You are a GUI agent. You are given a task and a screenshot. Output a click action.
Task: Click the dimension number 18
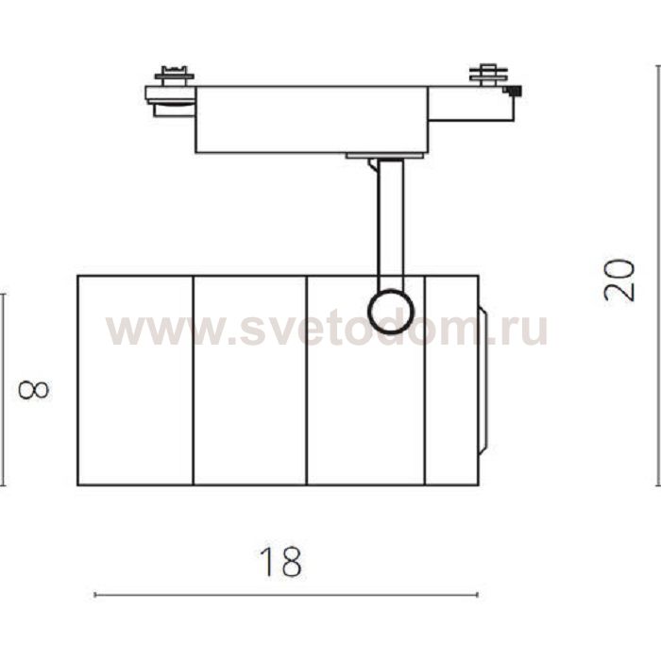(280, 562)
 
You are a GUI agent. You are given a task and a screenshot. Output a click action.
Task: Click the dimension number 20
(619, 280)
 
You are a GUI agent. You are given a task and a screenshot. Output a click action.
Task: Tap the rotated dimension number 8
(34, 390)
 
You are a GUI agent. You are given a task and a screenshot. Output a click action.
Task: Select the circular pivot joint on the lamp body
(391, 312)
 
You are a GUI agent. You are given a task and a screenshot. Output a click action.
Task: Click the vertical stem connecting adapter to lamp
(391, 224)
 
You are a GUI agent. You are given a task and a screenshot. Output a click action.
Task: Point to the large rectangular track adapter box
(312, 120)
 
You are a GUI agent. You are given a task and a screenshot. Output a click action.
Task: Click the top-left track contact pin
(174, 74)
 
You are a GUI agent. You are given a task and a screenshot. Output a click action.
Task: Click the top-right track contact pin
(488, 75)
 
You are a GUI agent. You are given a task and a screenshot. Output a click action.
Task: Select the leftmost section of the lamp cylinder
(135, 381)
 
